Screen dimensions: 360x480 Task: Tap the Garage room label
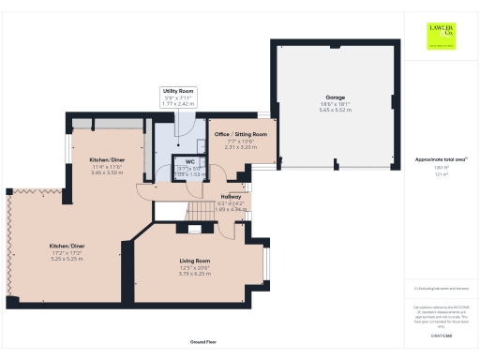pos(335,97)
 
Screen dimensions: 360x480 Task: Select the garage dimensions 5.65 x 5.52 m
pos(335,110)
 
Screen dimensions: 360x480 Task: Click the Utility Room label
pos(176,90)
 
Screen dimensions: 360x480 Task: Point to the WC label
pos(189,161)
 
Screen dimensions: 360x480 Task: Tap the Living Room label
pos(195,261)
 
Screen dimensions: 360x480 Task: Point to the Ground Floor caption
pos(203,343)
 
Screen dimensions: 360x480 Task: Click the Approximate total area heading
pos(441,160)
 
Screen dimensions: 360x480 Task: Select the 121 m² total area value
pos(440,174)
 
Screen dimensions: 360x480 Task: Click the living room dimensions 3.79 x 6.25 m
pos(195,274)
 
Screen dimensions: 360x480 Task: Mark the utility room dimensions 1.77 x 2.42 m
pos(176,102)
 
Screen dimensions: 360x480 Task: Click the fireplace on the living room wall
pos(194,229)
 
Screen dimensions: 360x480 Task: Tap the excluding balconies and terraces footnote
pos(441,289)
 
